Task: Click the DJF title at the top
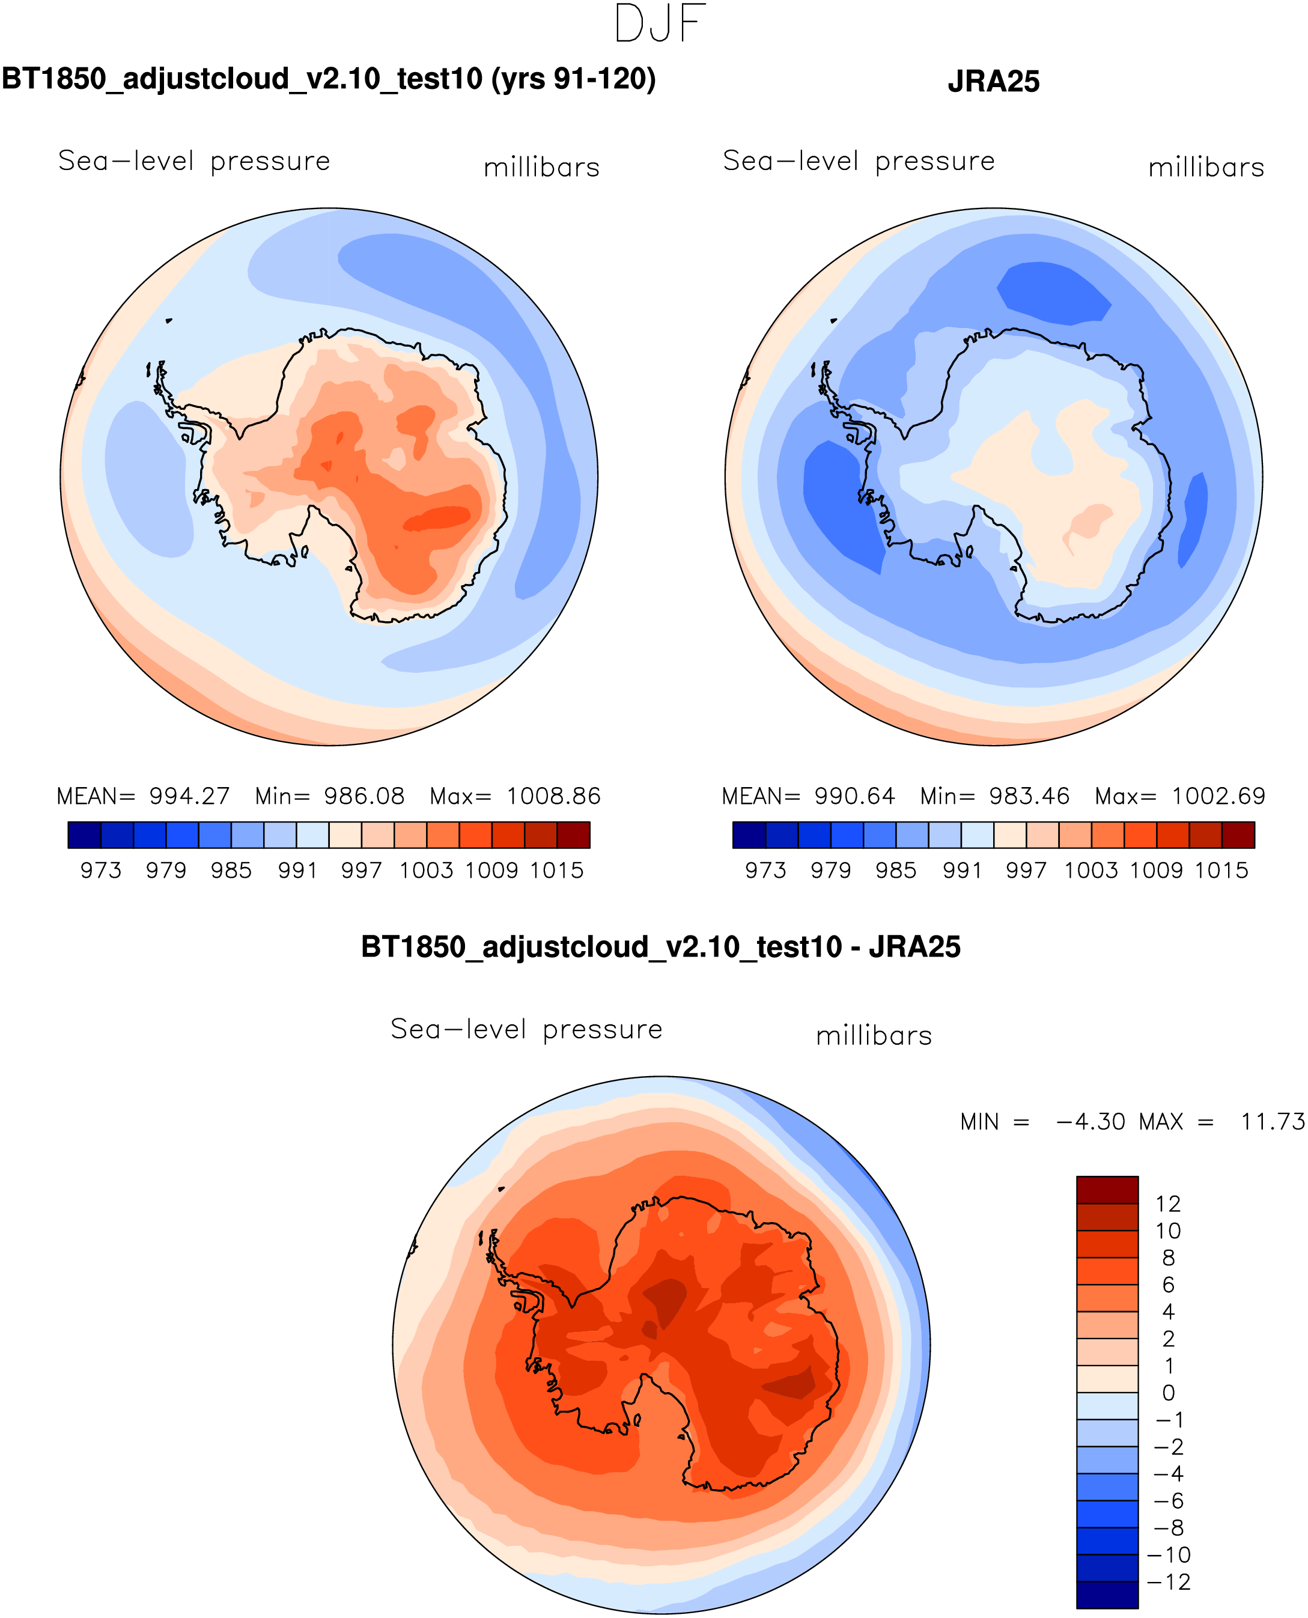point(660,24)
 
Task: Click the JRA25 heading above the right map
point(993,81)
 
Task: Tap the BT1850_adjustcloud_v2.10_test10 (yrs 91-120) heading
point(329,78)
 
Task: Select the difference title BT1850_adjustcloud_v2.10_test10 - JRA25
point(661,947)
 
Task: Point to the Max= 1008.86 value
point(516,796)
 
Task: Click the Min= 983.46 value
point(994,796)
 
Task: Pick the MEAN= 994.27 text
point(143,796)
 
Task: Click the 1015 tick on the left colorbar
point(556,871)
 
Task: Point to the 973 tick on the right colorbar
point(765,871)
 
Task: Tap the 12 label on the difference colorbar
point(1168,1203)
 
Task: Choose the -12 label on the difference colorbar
point(1169,1582)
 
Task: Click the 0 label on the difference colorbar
point(1169,1393)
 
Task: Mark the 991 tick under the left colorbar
point(297,871)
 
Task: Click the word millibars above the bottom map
point(874,1036)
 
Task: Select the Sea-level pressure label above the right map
point(859,161)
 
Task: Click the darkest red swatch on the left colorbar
point(573,835)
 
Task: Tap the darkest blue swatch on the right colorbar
point(749,835)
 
